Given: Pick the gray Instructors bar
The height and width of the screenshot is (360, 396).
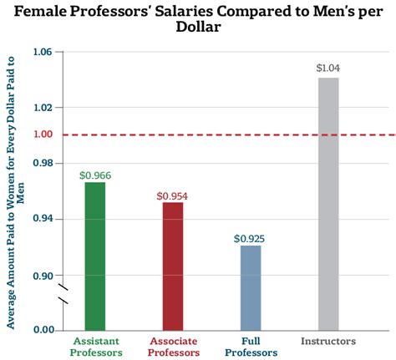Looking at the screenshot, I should [328, 204].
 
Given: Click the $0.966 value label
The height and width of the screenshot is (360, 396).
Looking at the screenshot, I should [94, 175].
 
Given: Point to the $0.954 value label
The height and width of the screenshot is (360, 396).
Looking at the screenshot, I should [172, 195].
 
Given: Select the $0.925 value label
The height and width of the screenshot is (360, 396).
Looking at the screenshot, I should [250, 238].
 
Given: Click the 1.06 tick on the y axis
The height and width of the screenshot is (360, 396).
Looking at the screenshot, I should [42, 52].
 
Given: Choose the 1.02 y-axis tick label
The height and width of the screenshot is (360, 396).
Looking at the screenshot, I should [42, 108].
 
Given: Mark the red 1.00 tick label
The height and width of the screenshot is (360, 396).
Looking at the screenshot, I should [42, 134].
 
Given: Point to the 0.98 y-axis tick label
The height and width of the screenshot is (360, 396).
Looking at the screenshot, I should [42, 162].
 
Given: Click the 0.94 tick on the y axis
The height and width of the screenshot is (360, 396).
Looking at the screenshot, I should [42, 219].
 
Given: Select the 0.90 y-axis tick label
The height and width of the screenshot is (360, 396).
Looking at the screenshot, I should [42, 276].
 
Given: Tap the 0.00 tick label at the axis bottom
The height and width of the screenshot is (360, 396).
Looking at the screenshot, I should [42, 330].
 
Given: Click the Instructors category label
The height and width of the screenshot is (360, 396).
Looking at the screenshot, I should [328, 342].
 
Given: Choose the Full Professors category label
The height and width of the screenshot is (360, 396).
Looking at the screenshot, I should [250, 347].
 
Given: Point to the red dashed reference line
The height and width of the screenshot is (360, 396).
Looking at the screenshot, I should [209, 134].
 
